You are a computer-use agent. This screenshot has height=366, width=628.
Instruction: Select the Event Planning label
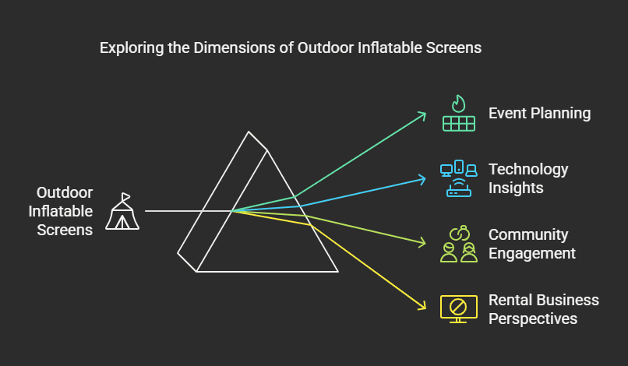pyautogui.click(x=539, y=114)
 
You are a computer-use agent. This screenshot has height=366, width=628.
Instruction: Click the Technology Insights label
pyautogui.click(x=528, y=178)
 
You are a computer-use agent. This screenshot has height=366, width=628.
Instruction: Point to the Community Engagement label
pyautogui.click(x=532, y=244)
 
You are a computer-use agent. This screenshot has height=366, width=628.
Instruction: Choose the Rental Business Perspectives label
pyautogui.click(x=544, y=309)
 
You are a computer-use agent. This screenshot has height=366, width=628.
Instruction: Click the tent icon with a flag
pyautogui.click(x=122, y=211)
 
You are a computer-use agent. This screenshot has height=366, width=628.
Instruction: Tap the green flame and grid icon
pyautogui.click(x=459, y=114)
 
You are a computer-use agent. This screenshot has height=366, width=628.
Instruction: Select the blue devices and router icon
pyautogui.click(x=459, y=178)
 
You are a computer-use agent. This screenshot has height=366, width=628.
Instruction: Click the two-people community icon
pyautogui.click(x=459, y=244)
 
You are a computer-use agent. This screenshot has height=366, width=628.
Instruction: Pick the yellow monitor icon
pyautogui.click(x=459, y=309)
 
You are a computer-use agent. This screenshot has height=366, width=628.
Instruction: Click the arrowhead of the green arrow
pyautogui.click(x=422, y=116)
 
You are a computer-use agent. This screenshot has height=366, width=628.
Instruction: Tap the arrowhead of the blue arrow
pyautogui.click(x=422, y=179)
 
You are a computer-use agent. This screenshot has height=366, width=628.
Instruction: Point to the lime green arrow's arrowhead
pyautogui.click(x=422, y=242)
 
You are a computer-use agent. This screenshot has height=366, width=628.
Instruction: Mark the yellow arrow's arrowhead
pyautogui.click(x=422, y=306)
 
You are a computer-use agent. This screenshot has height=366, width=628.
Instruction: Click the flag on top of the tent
pyautogui.click(x=125, y=196)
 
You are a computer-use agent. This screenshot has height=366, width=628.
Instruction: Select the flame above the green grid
pyautogui.click(x=459, y=104)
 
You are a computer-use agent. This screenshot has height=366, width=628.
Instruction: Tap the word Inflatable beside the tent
pyautogui.click(x=61, y=211)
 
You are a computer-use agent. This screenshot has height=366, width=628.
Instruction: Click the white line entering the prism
pyautogui.click(x=189, y=210)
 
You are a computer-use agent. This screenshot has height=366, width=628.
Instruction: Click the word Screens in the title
pyautogui.click(x=453, y=48)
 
